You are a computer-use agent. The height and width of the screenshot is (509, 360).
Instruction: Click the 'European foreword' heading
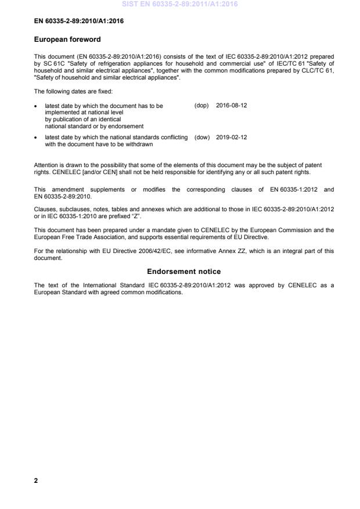(x=67, y=39)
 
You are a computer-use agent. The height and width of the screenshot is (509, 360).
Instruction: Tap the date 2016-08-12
(x=232, y=106)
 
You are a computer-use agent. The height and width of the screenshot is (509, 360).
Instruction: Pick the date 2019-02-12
(x=232, y=138)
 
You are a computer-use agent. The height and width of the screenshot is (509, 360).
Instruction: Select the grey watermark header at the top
(x=180, y=5)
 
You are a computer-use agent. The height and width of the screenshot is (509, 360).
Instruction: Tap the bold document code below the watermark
(x=78, y=21)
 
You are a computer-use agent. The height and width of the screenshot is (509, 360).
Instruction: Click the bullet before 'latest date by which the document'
(x=37, y=107)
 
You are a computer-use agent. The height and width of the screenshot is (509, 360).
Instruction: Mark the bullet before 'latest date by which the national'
(x=37, y=138)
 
